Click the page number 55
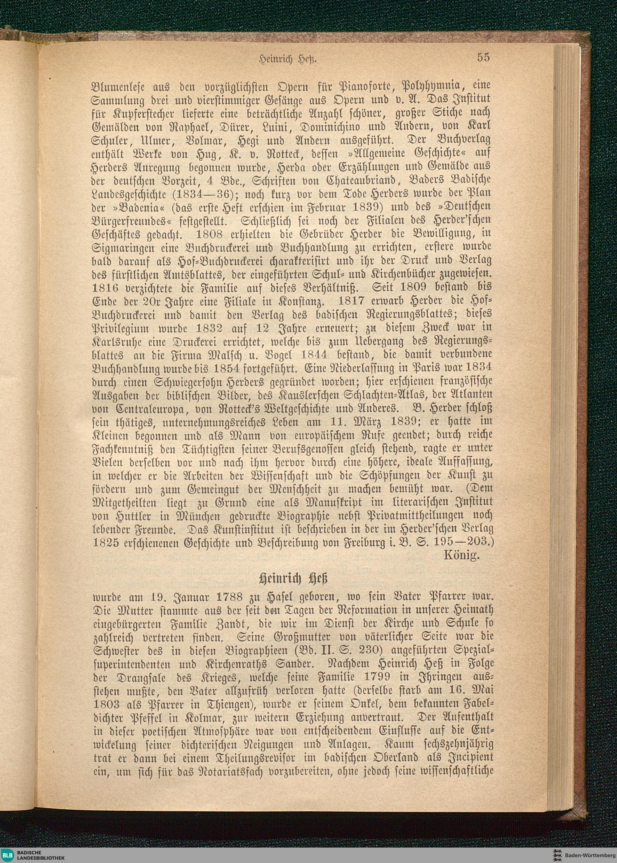483,57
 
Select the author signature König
462,556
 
